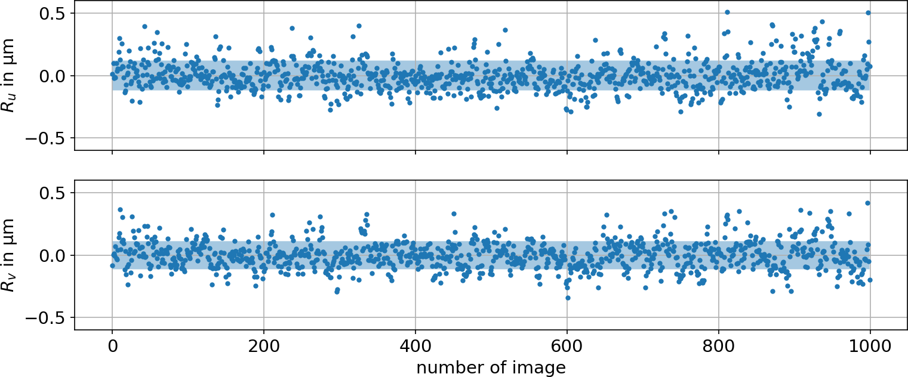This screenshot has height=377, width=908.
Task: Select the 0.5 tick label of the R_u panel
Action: (x=53, y=13)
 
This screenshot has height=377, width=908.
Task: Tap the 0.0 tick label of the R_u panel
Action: (x=53, y=76)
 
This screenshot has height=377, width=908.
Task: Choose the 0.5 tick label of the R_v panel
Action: (x=53, y=193)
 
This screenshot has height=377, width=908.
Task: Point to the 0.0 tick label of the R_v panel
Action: (x=53, y=255)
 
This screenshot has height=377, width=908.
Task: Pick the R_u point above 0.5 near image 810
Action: (x=727, y=12)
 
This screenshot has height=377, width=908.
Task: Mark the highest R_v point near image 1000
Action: (x=868, y=203)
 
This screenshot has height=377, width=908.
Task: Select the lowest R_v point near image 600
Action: (x=568, y=298)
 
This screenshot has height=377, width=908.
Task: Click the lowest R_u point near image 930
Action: (x=819, y=114)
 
